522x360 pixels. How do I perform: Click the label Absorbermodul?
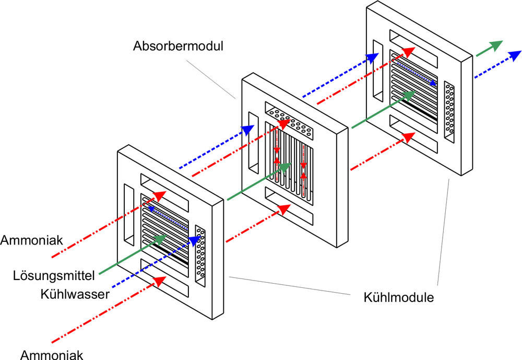coord(178,46)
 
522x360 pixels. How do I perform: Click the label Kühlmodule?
coord(399,299)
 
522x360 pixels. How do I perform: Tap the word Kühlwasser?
coord(74,294)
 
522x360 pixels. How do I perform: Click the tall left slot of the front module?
coord(128,215)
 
